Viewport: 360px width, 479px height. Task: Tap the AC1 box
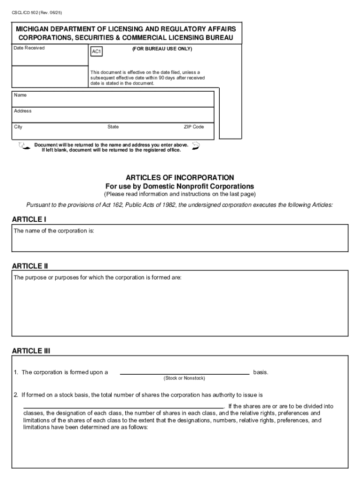96,51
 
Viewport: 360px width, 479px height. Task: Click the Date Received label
29,48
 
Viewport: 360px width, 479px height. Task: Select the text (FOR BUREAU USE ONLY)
162,49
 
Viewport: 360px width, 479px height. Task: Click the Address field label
23,111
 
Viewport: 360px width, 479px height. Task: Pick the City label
18,127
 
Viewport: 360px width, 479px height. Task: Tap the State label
113,127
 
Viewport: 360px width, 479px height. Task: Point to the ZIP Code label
194,127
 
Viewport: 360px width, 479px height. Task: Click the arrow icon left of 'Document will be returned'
22,147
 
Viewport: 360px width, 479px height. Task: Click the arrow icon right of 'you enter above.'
196,146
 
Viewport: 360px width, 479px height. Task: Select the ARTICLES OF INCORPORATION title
180,178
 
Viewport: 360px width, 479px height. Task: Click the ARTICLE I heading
29,219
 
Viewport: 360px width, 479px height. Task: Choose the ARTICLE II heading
30,266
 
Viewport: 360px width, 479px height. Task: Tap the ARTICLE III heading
31,351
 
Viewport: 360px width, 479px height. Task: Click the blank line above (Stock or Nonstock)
185,373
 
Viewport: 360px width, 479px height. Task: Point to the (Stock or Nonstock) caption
184,378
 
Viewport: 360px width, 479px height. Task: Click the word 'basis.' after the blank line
261,372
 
